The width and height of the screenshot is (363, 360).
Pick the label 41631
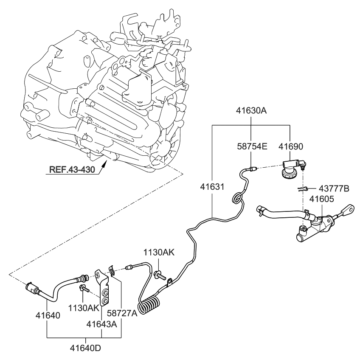point(212,187)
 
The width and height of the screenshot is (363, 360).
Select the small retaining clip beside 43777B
point(302,189)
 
